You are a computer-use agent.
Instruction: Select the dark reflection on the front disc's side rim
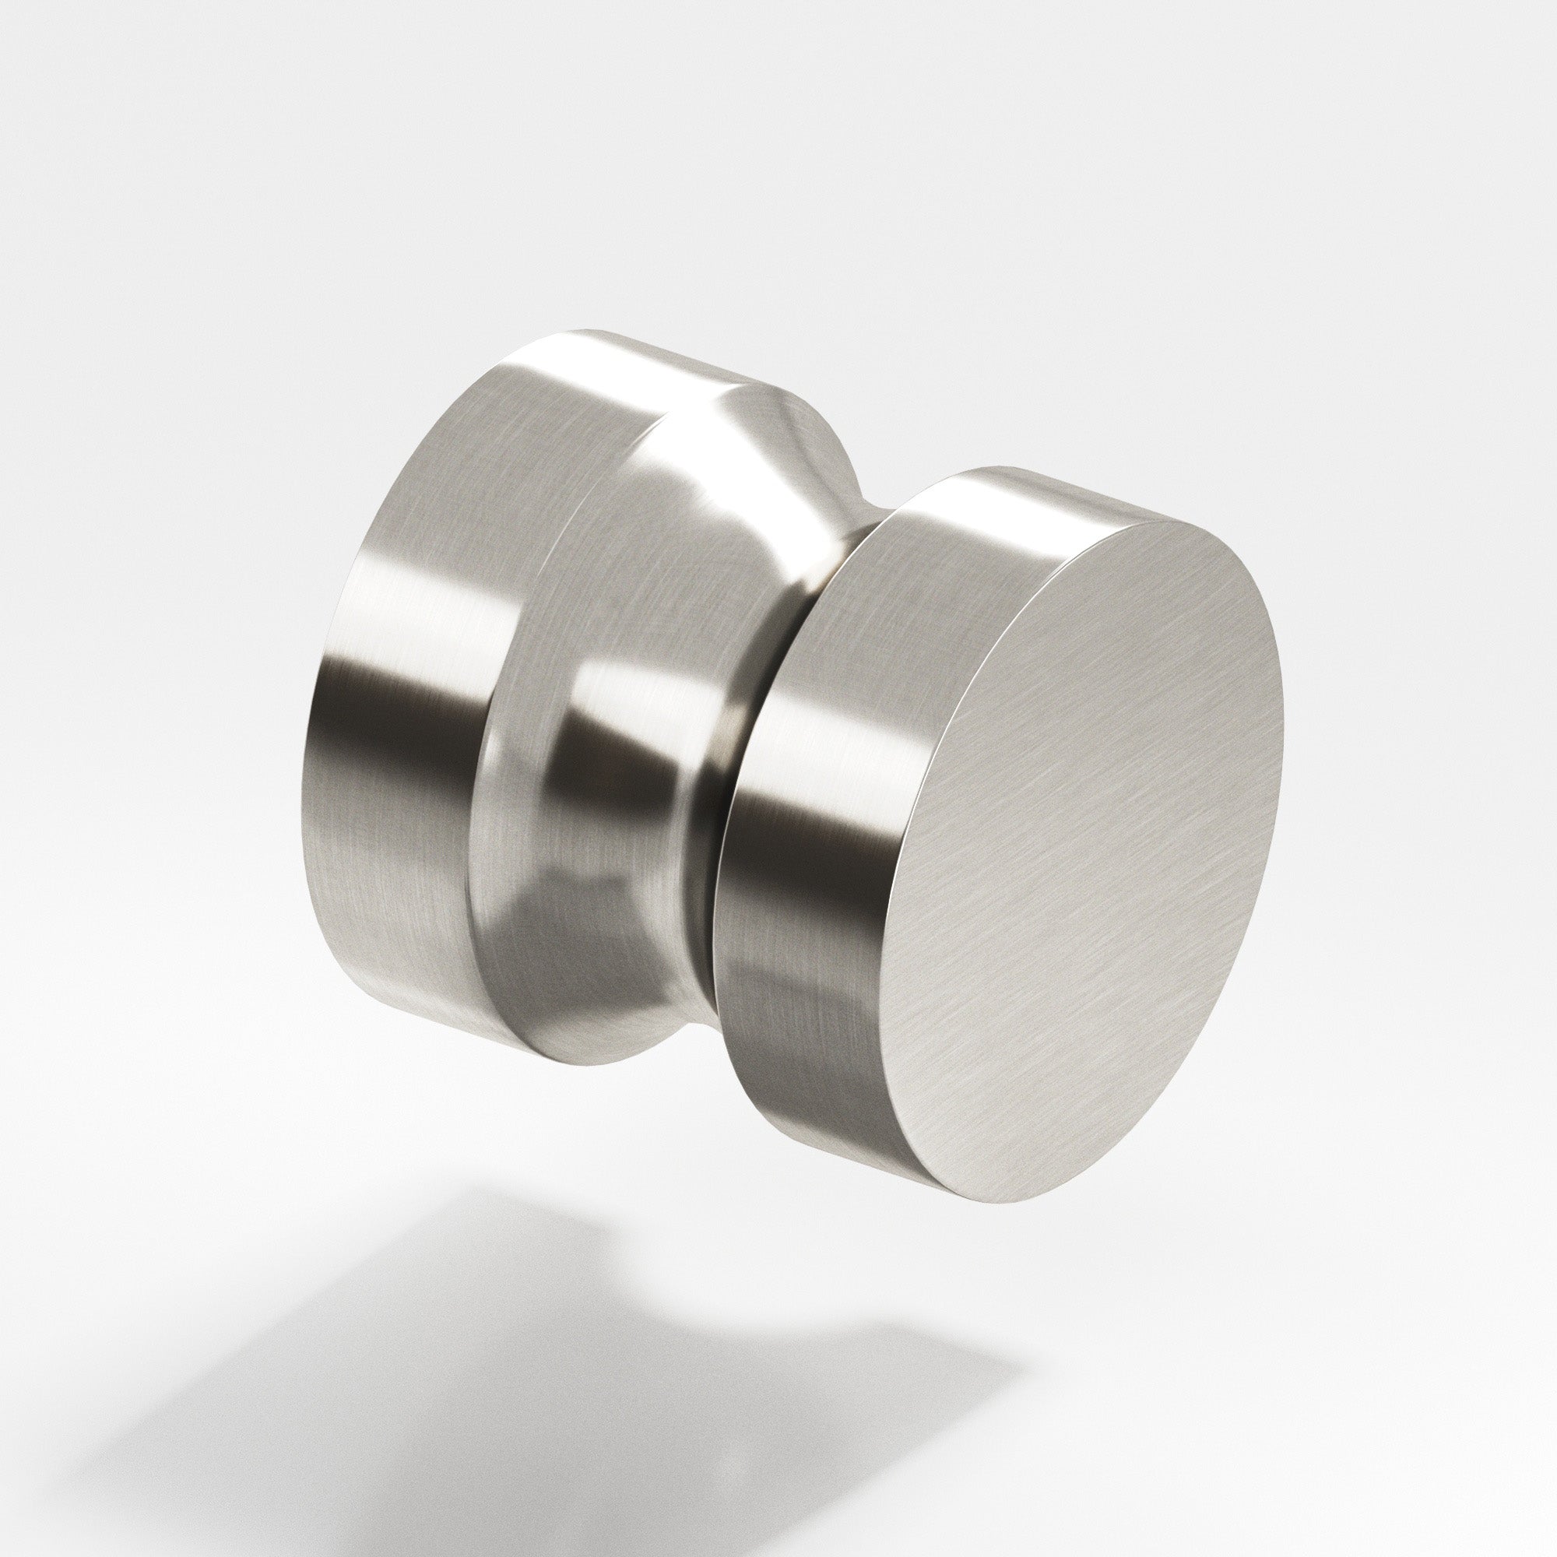(x=774, y=798)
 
